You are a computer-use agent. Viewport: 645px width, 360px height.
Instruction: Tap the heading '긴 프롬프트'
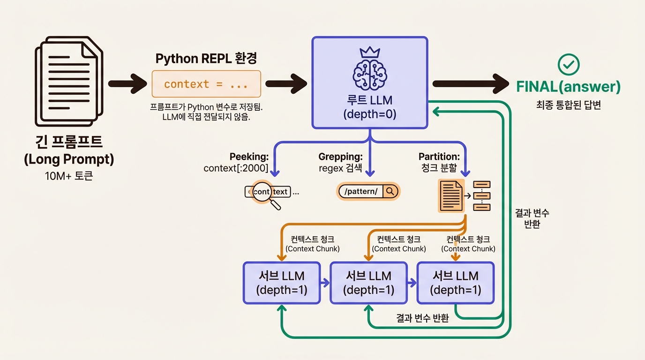tap(69, 142)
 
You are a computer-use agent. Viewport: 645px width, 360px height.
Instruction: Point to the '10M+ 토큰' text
tap(69, 177)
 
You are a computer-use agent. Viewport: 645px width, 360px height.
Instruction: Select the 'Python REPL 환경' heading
tap(206, 59)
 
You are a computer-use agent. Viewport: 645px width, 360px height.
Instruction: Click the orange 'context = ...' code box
tap(206, 84)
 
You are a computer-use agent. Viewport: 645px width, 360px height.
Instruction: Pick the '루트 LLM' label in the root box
tap(370, 100)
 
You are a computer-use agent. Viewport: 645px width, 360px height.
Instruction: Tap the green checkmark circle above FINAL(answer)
tap(568, 65)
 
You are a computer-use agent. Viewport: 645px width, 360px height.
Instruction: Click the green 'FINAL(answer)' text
tap(568, 87)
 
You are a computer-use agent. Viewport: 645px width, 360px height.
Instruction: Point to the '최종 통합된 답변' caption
tap(568, 105)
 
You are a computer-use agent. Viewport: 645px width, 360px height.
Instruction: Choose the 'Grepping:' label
tap(341, 157)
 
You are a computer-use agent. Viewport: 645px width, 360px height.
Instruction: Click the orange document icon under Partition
tap(451, 195)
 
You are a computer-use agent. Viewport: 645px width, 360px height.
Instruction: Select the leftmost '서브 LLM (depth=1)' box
tap(281, 283)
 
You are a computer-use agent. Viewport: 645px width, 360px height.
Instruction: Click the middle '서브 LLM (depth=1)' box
tap(368, 283)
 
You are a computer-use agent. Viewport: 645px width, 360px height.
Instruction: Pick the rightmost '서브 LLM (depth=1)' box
tap(456, 283)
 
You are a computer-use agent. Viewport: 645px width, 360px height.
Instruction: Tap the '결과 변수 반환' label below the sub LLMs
tap(422, 318)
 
